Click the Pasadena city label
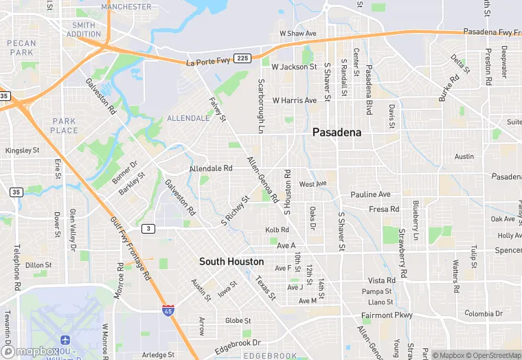pos(337,133)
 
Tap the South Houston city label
pos(231,262)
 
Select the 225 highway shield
pos(241,58)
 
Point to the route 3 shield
pos(148,228)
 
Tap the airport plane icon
pos(66,341)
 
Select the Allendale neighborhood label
pos(188,118)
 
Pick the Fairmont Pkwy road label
pos(387,315)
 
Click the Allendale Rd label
pos(211,168)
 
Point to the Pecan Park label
pos(21,47)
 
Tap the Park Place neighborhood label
pos(65,126)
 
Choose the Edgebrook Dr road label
pos(238,342)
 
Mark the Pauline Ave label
pos(370,194)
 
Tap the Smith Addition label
pos(84,30)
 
